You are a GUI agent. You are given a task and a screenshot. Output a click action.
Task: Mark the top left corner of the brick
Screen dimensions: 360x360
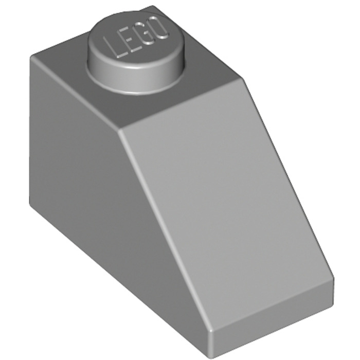pos(31,58)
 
